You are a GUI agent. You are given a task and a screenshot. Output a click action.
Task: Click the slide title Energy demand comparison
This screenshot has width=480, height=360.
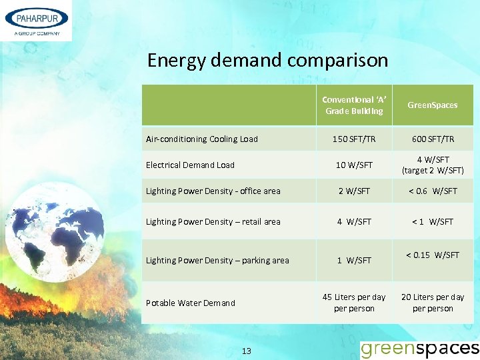(x=267, y=61)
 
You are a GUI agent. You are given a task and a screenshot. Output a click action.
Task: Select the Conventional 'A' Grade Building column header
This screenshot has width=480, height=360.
(x=354, y=105)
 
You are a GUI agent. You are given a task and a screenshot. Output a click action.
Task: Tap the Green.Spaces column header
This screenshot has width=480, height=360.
(x=433, y=105)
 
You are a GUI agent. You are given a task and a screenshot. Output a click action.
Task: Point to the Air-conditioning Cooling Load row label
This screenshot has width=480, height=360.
(x=202, y=139)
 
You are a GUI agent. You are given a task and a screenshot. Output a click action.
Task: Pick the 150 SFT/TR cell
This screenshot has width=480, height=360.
(x=354, y=139)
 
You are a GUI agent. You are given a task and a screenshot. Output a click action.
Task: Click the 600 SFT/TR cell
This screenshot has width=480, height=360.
(x=433, y=139)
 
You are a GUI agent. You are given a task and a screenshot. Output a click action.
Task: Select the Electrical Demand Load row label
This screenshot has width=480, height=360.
(x=191, y=165)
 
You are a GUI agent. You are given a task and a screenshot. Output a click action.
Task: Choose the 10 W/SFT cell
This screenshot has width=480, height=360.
(x=354, y=165)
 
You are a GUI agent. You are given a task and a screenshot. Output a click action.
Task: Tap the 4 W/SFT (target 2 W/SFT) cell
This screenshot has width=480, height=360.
(x=433, y=165)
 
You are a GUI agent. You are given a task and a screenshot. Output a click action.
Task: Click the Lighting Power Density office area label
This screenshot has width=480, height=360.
(x=213, y=191)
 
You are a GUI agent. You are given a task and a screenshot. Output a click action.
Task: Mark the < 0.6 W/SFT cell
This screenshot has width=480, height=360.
(x=433, y=191)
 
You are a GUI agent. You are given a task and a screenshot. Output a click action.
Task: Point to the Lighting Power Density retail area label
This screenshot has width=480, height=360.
(x=213, y=222)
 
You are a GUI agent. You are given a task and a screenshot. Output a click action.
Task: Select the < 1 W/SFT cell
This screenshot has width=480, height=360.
(x=433, y=222)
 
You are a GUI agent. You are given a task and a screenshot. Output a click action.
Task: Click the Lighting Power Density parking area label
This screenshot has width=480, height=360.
(x=217, y=261)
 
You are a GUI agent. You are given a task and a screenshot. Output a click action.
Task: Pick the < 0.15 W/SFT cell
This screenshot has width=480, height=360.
(x=433, y=255)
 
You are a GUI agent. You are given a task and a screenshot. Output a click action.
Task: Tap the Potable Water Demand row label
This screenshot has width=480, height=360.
(x=191, y=303)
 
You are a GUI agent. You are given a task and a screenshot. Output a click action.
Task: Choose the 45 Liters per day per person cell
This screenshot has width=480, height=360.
(x=354, y=303)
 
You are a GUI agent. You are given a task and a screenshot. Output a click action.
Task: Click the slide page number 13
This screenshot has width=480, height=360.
(x=246, y=351)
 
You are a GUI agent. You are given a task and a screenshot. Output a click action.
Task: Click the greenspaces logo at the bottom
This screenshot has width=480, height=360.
(x=419, y=349)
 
